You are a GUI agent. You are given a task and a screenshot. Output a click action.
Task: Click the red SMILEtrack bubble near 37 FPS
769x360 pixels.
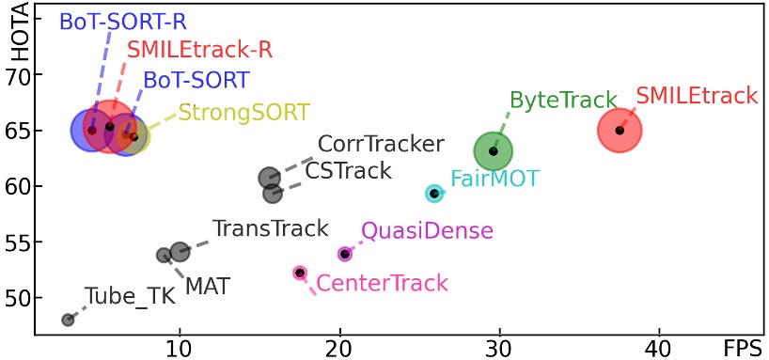620,130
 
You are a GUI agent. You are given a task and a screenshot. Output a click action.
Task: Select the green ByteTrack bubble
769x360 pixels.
494,150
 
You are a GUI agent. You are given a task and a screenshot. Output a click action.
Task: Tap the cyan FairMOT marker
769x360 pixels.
434,194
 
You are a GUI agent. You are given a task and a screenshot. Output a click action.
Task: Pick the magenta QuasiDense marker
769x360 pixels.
345,254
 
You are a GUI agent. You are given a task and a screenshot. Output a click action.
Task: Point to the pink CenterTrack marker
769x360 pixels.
300,273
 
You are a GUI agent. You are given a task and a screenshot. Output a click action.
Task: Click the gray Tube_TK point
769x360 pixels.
68,320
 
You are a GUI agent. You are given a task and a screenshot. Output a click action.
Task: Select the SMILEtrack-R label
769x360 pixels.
199,50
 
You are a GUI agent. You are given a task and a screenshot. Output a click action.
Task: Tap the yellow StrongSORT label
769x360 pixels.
243,113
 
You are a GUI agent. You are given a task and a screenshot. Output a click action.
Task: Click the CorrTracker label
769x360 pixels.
380,145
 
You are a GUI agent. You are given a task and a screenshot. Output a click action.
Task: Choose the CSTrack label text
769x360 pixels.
348,171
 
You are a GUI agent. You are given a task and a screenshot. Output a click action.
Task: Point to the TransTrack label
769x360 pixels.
270,227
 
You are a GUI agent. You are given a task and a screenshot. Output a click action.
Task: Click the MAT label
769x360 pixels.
207,284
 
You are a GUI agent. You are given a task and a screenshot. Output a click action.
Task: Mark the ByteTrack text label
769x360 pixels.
563,101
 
